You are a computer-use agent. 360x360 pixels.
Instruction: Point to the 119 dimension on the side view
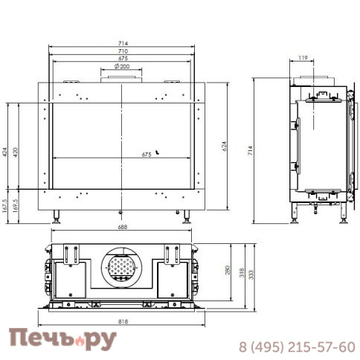pyautogui.click(x=303, y=57)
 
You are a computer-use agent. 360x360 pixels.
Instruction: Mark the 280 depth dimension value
pyautogui.click(x=228, y=271)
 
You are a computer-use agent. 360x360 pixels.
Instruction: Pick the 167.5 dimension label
pyautogui.click(x=5, y=205)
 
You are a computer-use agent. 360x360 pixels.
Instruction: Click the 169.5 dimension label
pyautogui.click(x=16, y=205)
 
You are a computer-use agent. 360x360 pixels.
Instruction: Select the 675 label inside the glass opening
pyautogui.click(x=147, y=155)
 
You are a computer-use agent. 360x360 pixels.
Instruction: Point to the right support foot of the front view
pyautogui.click(x=186, y=219)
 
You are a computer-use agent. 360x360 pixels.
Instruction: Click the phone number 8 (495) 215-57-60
pyautogui.click(x=296, y=347)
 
